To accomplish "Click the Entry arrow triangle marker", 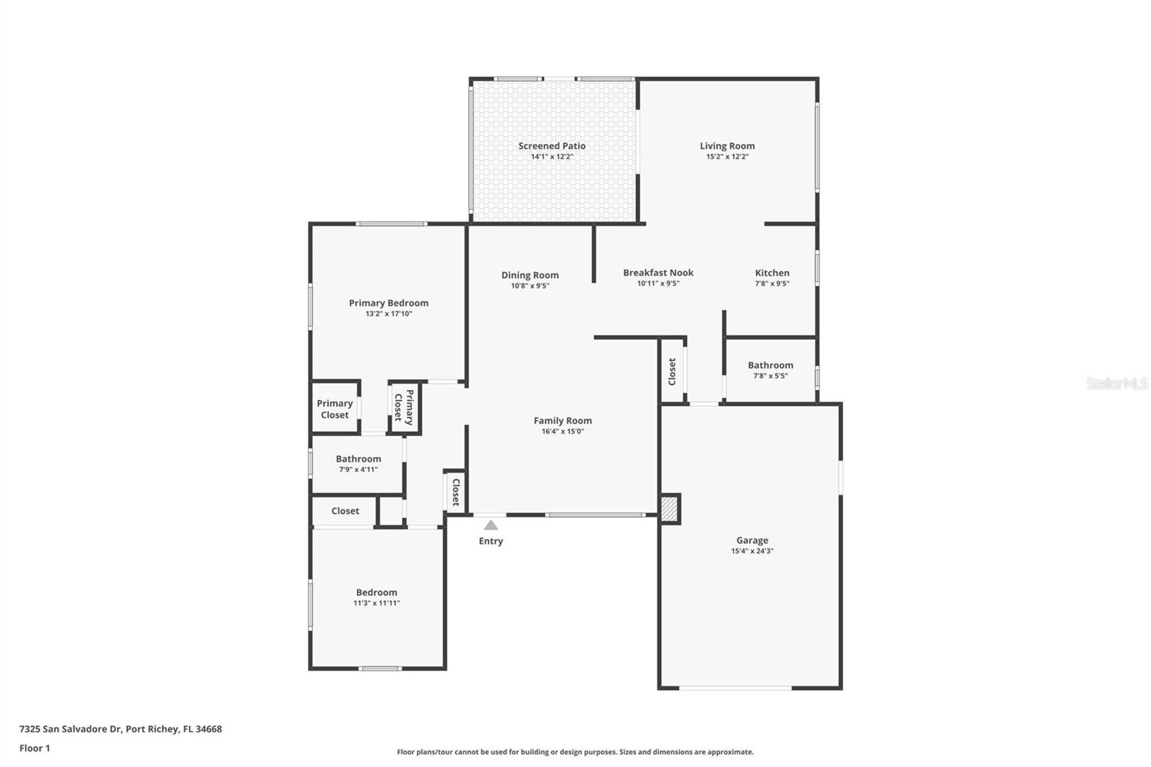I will tap(491, 525).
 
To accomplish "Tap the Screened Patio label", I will tap(552, 146).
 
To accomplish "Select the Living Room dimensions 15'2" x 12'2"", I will tap(727, 157).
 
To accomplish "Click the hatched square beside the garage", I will tap(670, 509).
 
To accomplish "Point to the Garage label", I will tap(752, 540).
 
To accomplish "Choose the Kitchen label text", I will tap(772, 273).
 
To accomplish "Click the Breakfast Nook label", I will tap(658, 273).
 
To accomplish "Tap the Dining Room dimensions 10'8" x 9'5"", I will tap(529, 286).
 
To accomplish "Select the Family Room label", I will tap(562, 421).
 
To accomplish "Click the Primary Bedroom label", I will tap(388, 303).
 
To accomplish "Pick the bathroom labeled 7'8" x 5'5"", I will tap(770, 369).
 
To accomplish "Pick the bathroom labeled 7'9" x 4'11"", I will tap(358, 463).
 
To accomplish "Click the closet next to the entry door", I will tap(455, 492).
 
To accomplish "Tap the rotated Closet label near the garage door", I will tap(672, 371).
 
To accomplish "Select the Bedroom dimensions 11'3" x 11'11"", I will tap(376, 604).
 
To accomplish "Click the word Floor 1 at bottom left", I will tap(35, 748).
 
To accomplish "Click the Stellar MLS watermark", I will tap(1116, 383).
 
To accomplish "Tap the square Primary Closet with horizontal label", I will tap(335, 409).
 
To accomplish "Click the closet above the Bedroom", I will tap(345, 511).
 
